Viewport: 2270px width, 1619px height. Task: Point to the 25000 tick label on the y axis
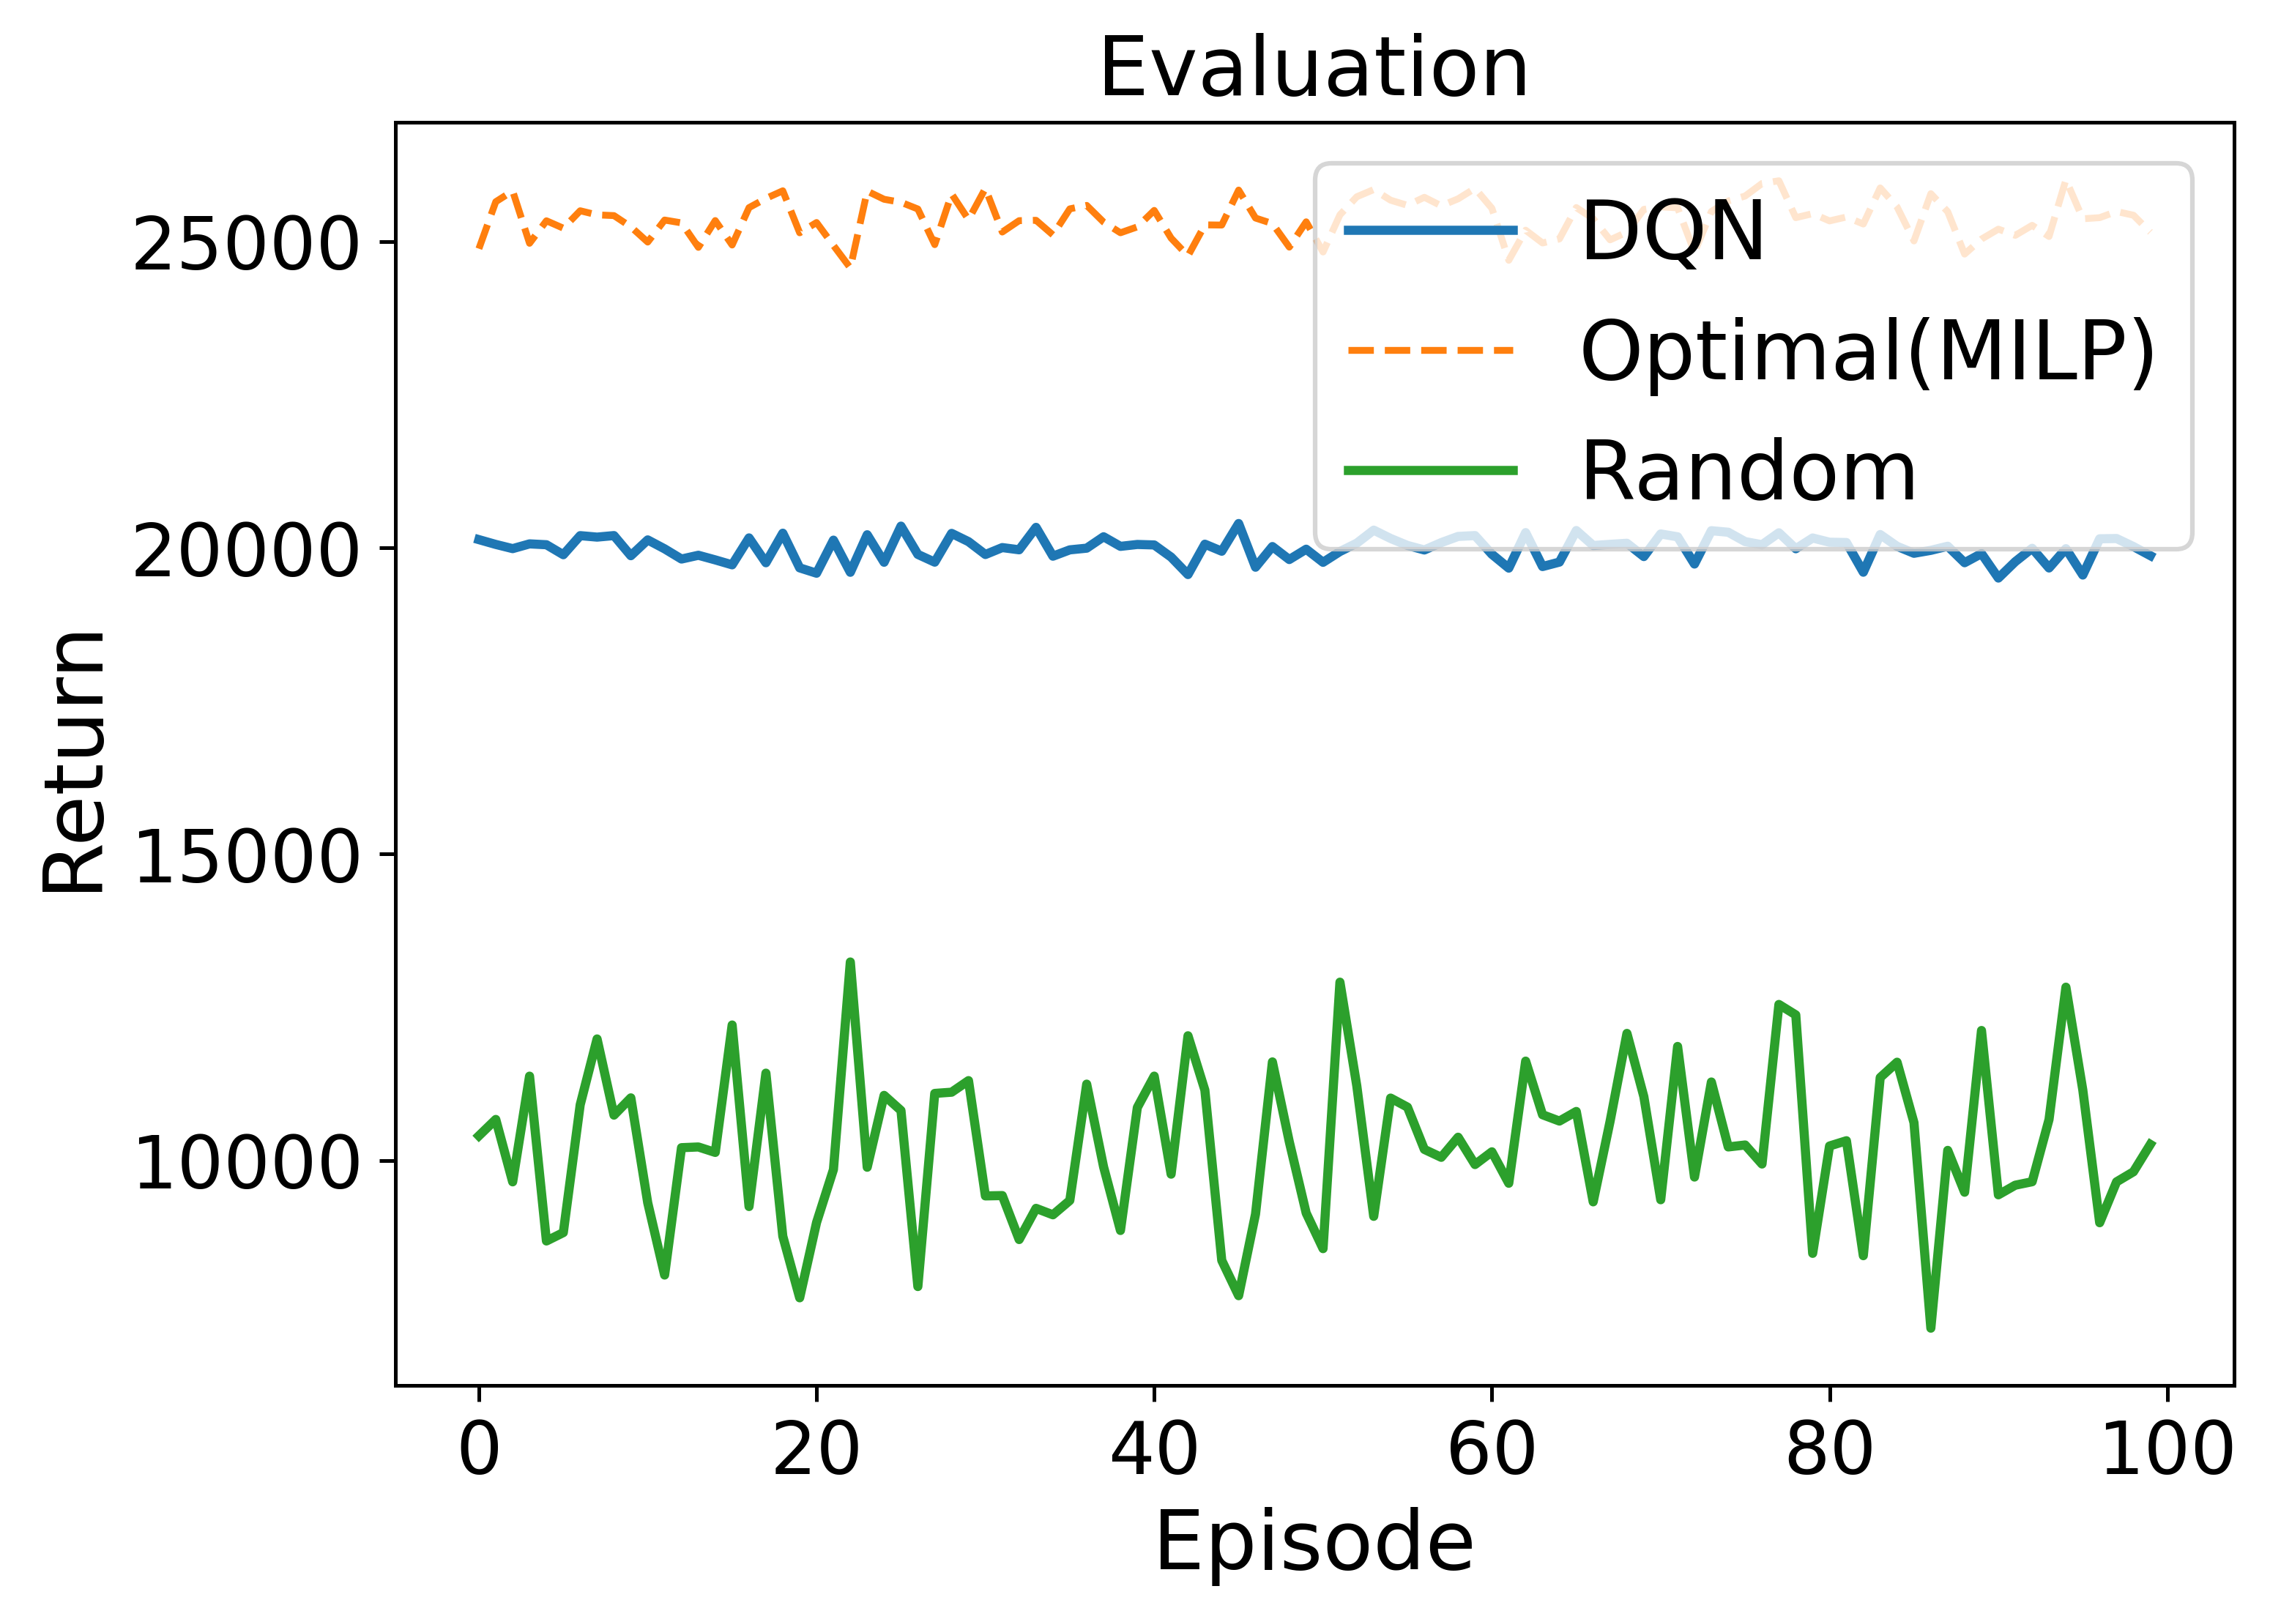coord(245,245)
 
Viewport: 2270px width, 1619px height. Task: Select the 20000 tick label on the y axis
coord(245,551)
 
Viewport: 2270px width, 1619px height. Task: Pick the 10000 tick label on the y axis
coord(245,1162)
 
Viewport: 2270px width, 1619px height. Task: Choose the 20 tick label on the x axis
coord(816,1450)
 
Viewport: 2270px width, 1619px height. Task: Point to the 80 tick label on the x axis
coord(1828,1450)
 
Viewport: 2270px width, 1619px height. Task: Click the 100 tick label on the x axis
coord(2166,1450)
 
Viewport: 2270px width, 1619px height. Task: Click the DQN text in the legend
coord(1672,231)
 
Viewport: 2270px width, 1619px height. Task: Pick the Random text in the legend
coord(1749,472)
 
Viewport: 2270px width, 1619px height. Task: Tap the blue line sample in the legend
coord(1431,230)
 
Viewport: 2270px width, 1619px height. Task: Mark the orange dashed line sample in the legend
coord(1431,351)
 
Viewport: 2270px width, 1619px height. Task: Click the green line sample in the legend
coord(1431,471)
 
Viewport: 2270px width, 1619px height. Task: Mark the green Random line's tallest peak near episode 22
coord(849,963)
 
